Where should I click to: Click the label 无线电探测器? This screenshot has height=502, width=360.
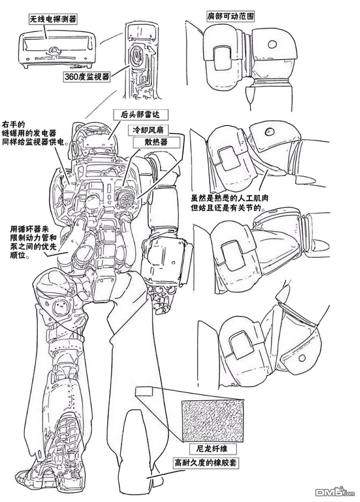point(53,18)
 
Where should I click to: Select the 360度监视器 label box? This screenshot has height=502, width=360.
point(87,77)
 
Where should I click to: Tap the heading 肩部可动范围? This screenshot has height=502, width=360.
point(230,16)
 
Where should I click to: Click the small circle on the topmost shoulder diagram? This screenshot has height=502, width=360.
point(273,44)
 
